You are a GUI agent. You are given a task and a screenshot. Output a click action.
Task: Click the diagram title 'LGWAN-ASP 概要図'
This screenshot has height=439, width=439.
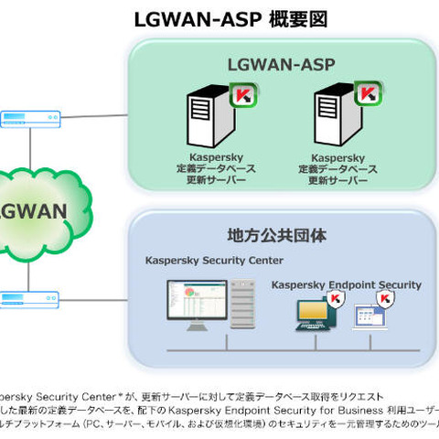tap(230, 18)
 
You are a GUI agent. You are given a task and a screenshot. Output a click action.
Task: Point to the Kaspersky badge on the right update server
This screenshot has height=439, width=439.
tap(367, 94)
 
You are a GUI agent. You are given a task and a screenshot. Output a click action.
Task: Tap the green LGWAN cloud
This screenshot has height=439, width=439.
tap(41, 209)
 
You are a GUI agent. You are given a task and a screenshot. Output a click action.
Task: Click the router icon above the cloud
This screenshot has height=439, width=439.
tap(31, 118)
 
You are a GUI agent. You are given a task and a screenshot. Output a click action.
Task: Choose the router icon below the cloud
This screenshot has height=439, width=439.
tap(31, 298)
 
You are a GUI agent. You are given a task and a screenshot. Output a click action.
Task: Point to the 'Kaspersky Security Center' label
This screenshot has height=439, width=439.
tap(214, 261)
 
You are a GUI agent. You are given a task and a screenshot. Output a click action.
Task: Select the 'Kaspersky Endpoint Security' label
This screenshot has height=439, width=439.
tap(346, 285)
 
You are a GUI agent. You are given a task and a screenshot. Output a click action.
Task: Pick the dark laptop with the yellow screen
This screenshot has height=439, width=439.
tap(310, 316)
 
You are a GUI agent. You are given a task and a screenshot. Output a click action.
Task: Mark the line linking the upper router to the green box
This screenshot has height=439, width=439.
tap(92, 117)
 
